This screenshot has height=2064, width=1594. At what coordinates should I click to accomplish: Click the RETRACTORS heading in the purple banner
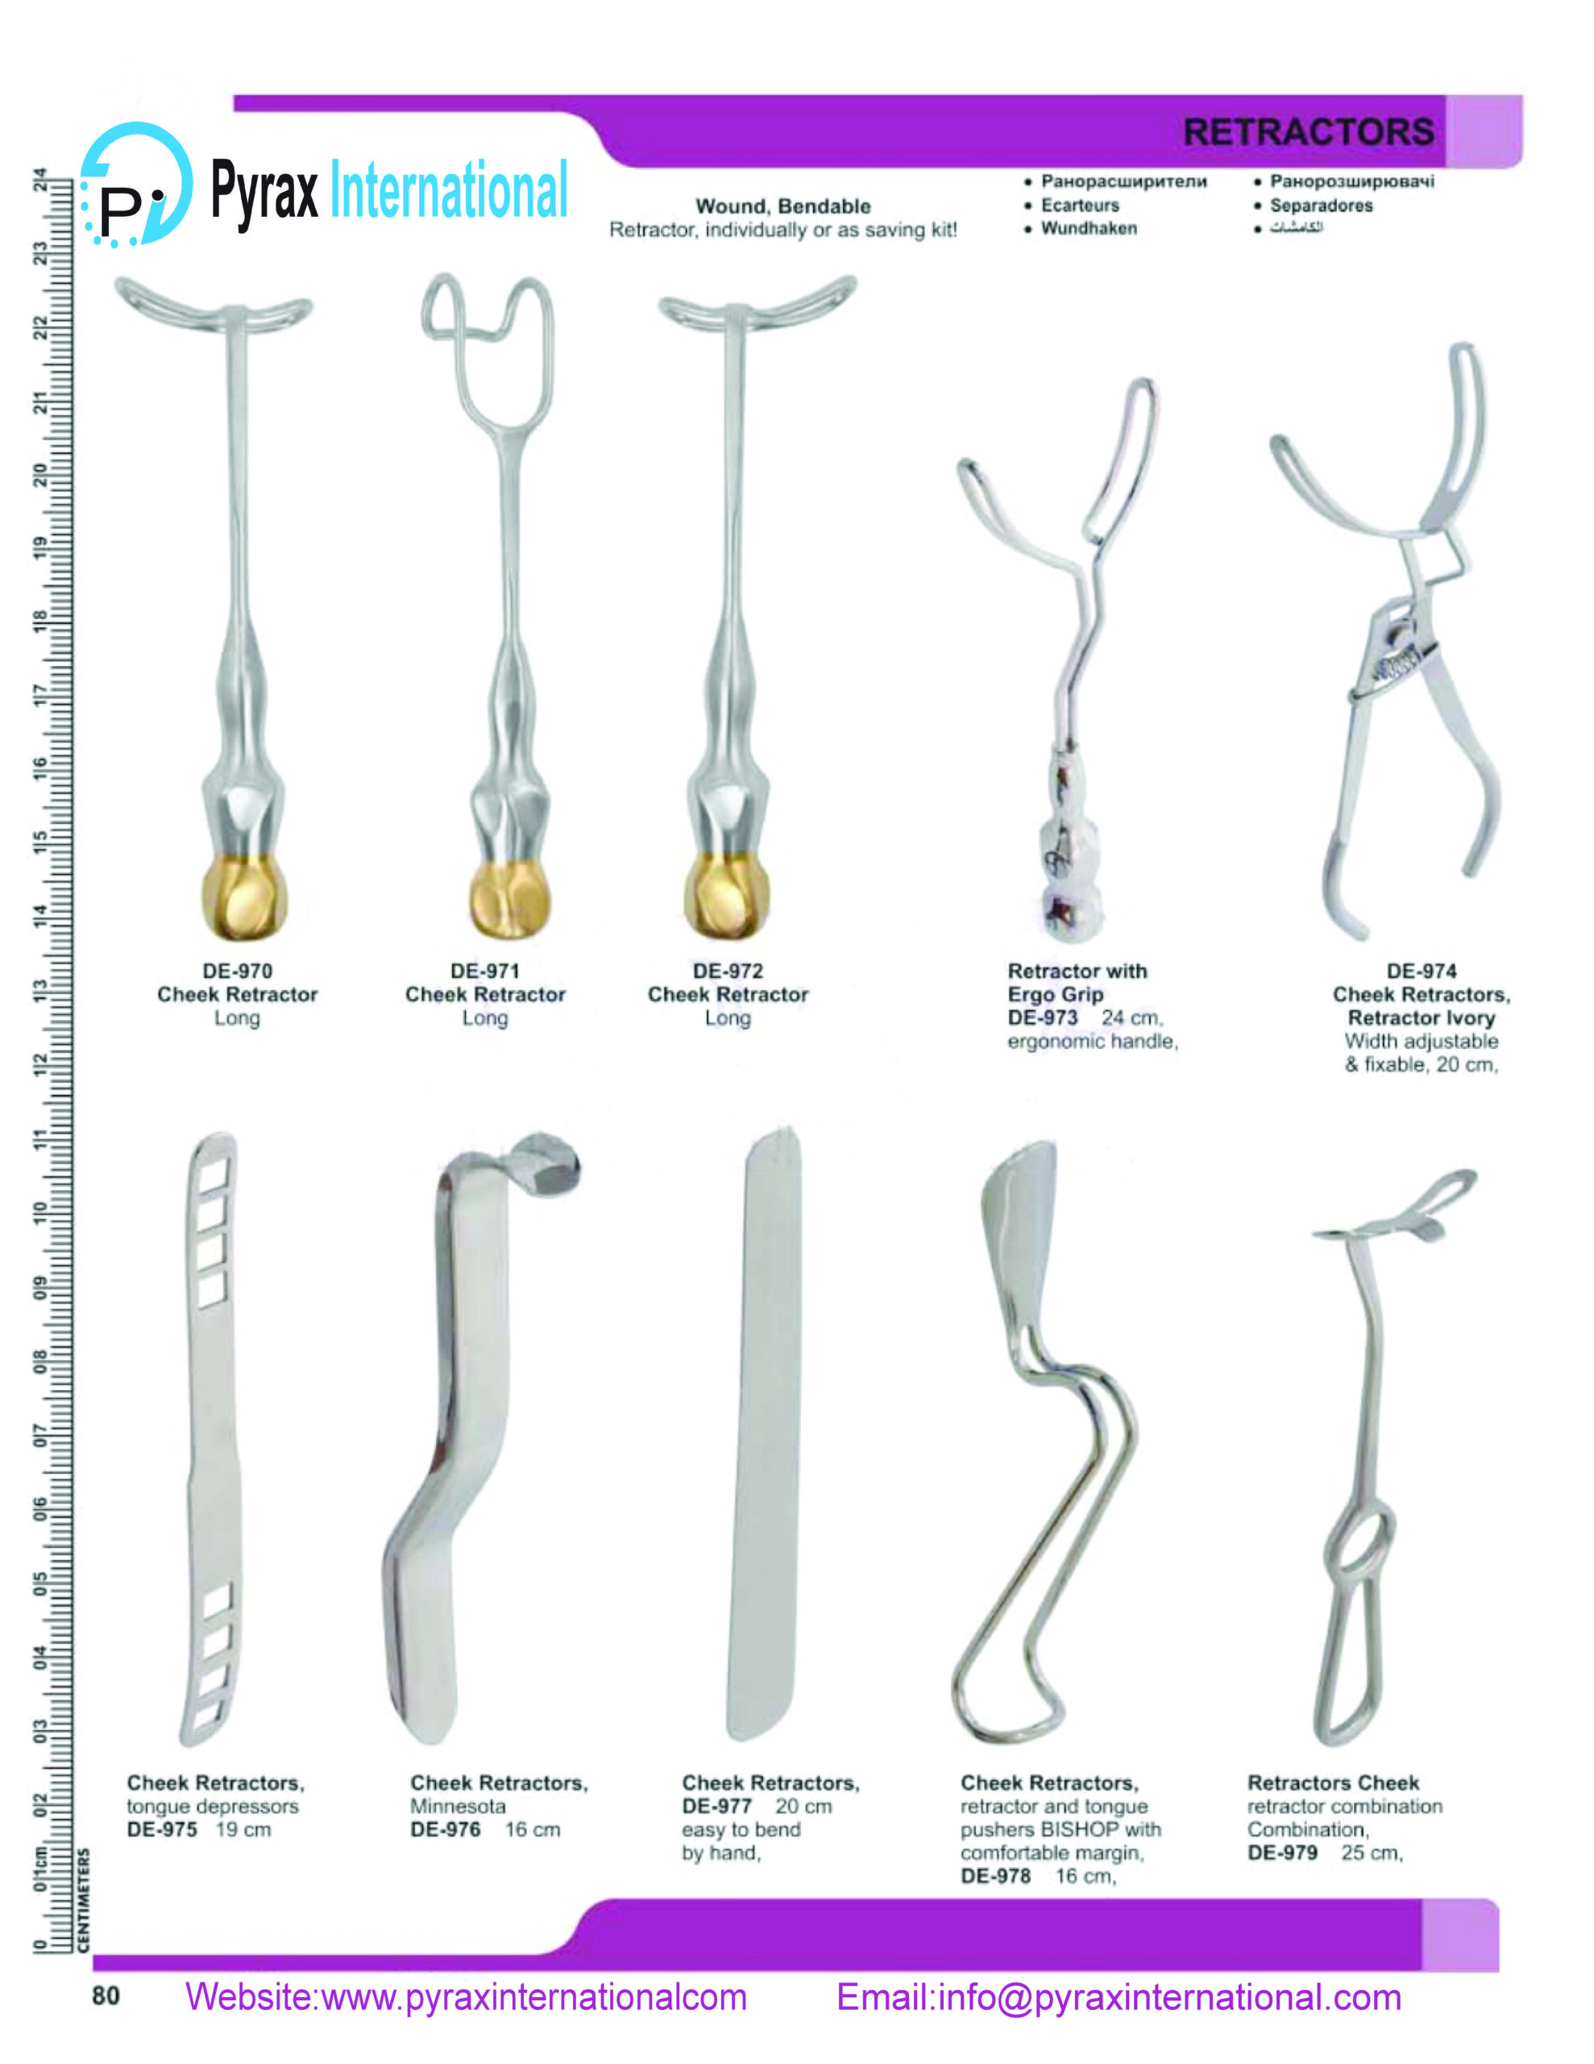pos(1308,131)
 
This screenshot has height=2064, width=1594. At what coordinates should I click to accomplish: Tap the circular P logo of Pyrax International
pos(136,185)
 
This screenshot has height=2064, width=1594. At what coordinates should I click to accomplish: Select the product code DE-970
pos(237,971)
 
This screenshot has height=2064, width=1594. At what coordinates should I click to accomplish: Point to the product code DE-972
pos(728,971)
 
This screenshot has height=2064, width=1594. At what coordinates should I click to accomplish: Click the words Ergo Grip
pos(1055,994)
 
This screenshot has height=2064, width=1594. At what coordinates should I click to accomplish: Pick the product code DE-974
pos(1421,971)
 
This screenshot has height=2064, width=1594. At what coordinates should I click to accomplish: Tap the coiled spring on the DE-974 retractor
pos(1397,664)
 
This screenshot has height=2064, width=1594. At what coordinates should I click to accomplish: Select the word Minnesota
pos(457,1806)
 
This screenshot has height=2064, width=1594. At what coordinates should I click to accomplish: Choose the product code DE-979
pos(1282,1854)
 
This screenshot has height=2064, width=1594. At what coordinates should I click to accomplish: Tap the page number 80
pos(106,1996)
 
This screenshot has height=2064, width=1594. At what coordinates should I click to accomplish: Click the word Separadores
pos(1321,205)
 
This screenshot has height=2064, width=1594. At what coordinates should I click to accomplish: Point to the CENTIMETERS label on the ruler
pos(84,1900)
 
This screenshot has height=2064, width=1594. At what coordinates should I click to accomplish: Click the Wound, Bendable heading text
pos(782,206)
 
